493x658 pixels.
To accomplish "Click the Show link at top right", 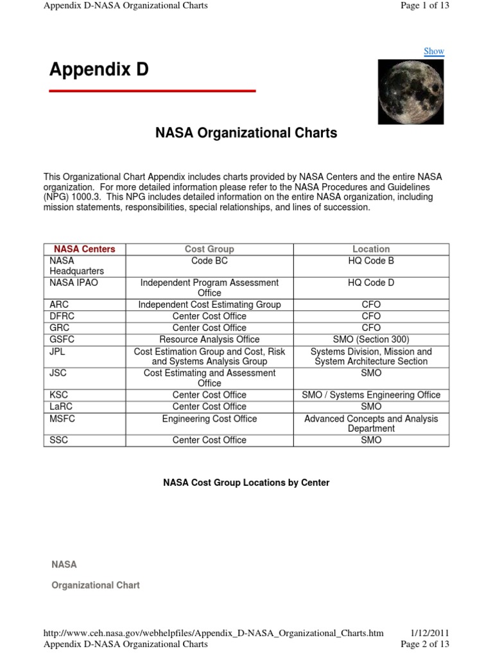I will pyautogui.click(x=433, y=51).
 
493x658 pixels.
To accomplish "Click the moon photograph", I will pyautogui.click(x=410, y=91).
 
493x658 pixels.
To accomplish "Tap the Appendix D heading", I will pyautogui.click(x=99, y=69).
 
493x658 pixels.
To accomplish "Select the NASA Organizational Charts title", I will pyautogui.click(x=246, y=134).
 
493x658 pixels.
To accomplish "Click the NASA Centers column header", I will pyautogui.click(x=85, y=249).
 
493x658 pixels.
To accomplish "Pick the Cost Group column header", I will pyautogui.click(x=209, y=249).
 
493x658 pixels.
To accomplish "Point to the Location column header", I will pyautogui.click(x=371, y=249).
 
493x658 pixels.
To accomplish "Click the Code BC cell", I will pyautogui.click(x=209, y=261).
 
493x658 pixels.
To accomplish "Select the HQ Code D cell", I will pyautogui.click(x=371, y=283).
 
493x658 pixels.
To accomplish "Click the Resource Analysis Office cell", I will pyautogui.click(x=209, y=339).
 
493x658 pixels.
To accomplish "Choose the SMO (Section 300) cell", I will pyautogui.click(x=371, y=339).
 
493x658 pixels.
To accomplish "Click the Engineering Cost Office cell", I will pyautogui.click(x=209, y=419).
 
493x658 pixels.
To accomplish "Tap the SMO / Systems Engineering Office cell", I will pyautogui.click(x=371, y=395).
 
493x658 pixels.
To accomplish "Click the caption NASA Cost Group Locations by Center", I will pyautogui.click(x=246, y=483).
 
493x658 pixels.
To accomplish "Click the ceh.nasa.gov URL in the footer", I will pyautogui.click(x=213, y=633).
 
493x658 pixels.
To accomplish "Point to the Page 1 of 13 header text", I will pyautogui.click(x=424, y=6).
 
